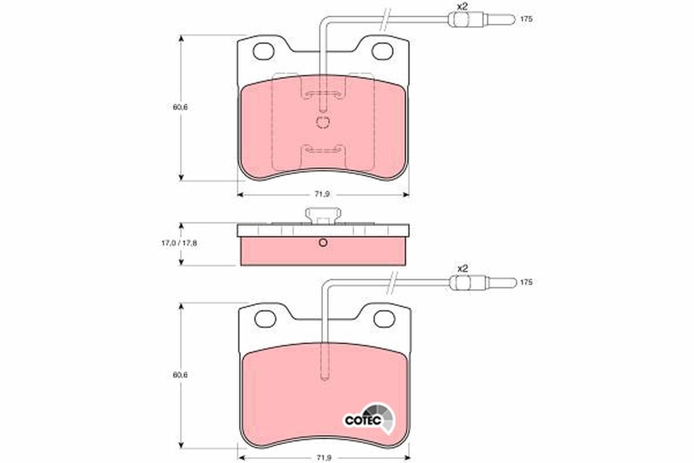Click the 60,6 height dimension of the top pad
[x=180, y=107]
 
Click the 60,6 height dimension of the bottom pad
[x=180, y=375]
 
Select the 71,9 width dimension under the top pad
[x=322, y=194]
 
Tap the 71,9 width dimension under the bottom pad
[x=323, y=458]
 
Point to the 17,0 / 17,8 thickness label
[x=179, y=243]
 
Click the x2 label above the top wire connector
[x=462, y=6]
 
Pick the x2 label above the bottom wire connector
[x=462, y=269]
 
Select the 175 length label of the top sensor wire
[x=526, y=19]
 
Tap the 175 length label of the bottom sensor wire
[x=526, y=282]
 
